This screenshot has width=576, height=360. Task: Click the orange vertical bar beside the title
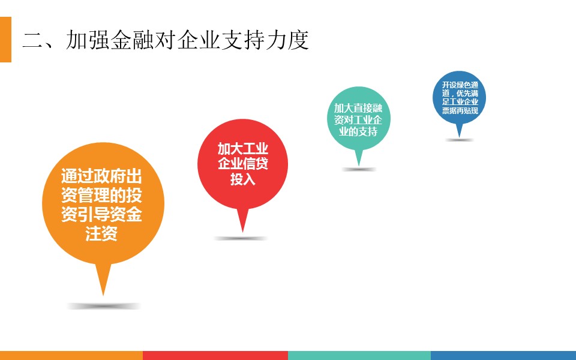[5, 40]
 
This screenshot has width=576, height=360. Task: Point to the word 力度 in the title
[287, 40]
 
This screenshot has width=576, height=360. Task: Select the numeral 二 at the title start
[33, 40]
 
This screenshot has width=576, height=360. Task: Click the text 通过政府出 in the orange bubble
[101, 176]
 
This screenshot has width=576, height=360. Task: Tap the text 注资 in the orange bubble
[101, 233]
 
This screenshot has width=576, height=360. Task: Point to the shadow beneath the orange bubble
[104, 305]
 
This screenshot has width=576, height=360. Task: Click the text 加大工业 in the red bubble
[243, 149]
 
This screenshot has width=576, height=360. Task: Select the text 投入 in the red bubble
[243, 179]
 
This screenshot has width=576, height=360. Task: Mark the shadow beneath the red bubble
[241, 238]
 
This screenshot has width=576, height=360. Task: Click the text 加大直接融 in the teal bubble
[358, 108]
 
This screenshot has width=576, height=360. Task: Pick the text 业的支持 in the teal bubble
[358, 131]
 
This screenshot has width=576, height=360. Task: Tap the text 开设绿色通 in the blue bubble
[460, 85]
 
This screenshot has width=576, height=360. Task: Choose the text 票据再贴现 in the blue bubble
[460, 110]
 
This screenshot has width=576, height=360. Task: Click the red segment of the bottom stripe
[215, 356]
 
